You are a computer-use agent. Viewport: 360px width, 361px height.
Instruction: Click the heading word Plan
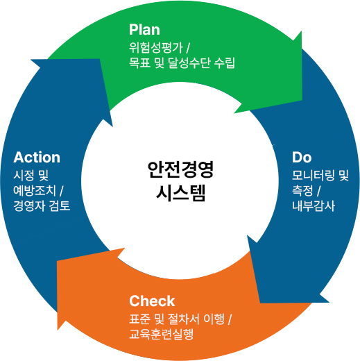[144, 30]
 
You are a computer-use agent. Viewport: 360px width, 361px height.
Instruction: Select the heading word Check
[152, 301]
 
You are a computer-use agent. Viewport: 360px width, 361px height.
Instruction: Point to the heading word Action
[37, 158]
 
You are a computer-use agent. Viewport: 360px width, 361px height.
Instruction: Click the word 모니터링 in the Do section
[314, 174]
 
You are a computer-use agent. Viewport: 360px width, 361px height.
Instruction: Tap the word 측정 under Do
[303, 190]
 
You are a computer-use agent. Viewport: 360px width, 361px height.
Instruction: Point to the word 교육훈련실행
[161, 335]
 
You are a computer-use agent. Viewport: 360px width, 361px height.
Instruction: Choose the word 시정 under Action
[24, 175]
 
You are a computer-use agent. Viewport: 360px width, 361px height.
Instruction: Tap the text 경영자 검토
[42, 207]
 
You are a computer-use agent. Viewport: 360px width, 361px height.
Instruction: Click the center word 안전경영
[180, 169]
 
